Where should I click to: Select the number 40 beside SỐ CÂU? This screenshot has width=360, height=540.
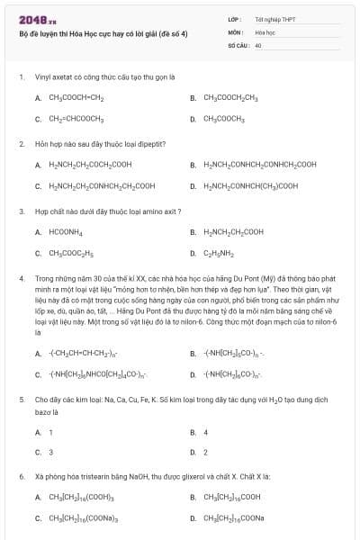[x=258, y=44]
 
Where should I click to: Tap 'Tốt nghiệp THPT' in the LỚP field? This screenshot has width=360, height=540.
[x=273, y=18]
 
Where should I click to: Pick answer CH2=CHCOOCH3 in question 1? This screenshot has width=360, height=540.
[x=76, y=119]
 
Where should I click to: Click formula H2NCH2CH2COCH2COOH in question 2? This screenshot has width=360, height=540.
[x=90, y=165]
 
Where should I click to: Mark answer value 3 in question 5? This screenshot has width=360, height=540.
[x=50, y=452]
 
